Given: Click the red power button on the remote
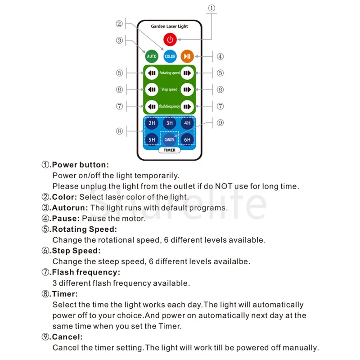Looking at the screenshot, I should click(x=170, y=40).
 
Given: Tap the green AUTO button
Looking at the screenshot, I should click(x=152, y=56).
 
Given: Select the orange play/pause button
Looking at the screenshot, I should click(x=187, y=56).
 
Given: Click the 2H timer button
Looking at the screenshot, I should click(x=152, y=123).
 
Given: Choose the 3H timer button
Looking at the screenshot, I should click(x=170, y=123).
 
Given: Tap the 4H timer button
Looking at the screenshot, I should click(x=187, y=123).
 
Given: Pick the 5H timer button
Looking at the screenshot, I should click(x=152, y=139).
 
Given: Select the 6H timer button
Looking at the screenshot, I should click(x=187, y=139).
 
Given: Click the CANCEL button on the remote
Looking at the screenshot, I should click(x=170, y=139).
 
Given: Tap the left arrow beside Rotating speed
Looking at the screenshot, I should click(x=152, y=73).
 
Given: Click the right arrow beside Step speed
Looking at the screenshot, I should click(x=187, y=90).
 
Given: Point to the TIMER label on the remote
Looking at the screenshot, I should click(x=170, y=150).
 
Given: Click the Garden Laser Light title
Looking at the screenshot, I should click(x=170, y=27).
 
